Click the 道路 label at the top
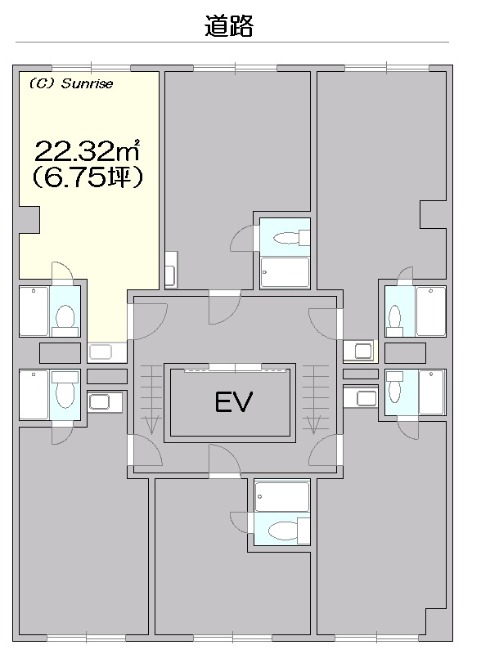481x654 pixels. click(x=229, y=26)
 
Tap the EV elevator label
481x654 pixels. click(x=233, y=401)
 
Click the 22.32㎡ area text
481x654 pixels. click(x=87, y=151)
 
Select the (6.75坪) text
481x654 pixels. click(x=88, y=178)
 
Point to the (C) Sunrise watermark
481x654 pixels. click(x=71, y=83)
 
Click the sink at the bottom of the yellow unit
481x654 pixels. click(x=100, y=352)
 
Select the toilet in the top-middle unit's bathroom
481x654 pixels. click(x=291, y=238)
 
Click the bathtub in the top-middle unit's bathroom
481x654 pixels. click(x=285, y=272)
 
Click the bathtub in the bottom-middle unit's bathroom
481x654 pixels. click(x=282, y=496)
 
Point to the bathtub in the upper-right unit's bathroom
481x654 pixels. click(x=430, y=311)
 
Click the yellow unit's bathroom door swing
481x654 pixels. click(x=62, y=271)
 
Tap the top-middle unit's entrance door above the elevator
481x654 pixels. click(x=225, y=308)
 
